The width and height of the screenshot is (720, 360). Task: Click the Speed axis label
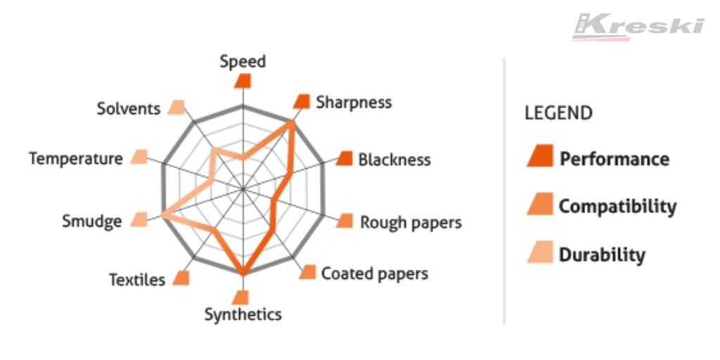[243, 62]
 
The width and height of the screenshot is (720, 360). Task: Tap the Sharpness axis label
[354, 102]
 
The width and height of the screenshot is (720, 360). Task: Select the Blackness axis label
[394, 160]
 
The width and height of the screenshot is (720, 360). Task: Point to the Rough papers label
[411, 222]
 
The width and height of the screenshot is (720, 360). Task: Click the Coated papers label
[375, 274]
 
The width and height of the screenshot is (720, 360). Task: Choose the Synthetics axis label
[243, 315]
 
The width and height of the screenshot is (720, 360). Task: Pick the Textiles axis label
[137, 280]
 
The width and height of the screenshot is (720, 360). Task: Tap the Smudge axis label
[92, 221]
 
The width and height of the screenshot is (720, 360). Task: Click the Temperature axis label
[76, 159]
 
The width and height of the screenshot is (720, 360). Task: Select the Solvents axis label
[129, 109]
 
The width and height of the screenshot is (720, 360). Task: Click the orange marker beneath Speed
[243, 80]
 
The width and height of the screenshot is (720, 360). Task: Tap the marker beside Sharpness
[302, 101]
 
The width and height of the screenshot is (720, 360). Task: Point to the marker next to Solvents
[176, 107]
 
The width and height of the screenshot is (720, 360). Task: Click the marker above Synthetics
[240, 297]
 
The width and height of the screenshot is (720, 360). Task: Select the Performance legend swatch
[540, 156]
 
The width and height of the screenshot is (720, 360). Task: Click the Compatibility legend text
[617, 206]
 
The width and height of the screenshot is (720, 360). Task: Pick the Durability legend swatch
[540, 252]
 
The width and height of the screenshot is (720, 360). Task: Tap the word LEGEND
[559, 112]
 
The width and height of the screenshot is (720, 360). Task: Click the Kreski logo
[638, 27]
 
